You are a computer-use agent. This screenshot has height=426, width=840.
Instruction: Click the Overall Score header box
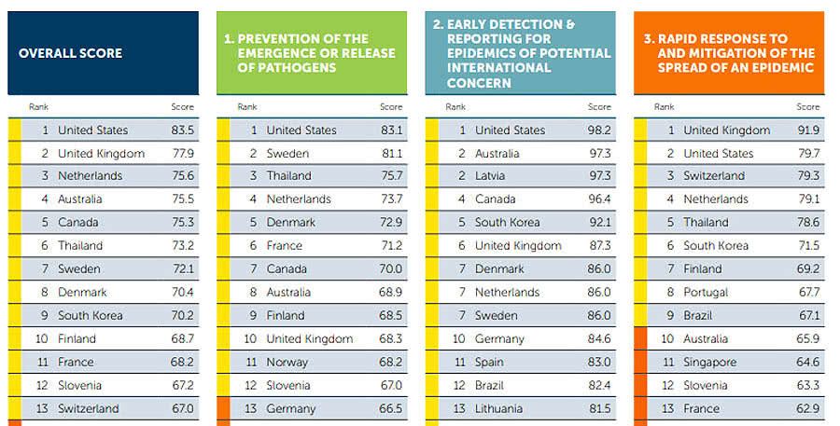[103, 53]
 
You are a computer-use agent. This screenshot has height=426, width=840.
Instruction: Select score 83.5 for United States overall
[182, 131]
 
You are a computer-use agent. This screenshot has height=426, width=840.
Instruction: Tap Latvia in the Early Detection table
[491, 176]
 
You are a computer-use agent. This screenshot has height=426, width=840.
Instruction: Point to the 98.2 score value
[599, 131]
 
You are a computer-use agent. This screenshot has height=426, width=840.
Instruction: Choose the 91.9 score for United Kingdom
[808, 131]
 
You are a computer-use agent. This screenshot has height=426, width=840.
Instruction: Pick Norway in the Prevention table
[287, 362]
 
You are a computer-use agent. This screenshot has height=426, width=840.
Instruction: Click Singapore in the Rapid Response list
[710, 362]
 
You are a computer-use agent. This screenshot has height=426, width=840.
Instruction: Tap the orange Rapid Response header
[730, 53]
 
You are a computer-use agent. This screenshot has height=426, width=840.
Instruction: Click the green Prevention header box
[312, 53]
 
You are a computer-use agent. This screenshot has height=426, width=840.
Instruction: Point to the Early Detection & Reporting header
[521, 53]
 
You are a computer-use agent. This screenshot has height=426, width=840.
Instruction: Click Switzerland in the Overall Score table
[89, 408]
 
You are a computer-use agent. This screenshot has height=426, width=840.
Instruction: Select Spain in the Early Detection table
[489, 362]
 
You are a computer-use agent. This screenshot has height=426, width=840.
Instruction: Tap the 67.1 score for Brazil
[808, 315]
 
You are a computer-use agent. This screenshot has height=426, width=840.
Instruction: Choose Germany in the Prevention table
[291, 408]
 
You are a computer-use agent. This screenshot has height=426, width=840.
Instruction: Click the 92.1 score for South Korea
[599, 223]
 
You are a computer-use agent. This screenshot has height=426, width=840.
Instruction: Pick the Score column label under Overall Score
[183, 107]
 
